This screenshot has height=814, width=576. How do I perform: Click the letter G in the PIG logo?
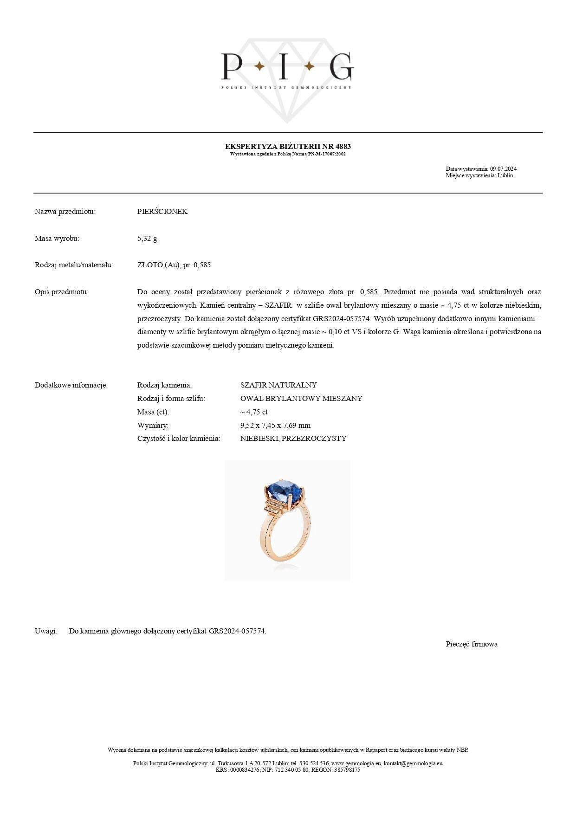(x=341, y=66)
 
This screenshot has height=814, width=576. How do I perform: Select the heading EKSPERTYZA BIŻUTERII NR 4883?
(x=288, y=147)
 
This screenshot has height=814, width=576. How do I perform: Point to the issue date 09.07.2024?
(x=503, y=169)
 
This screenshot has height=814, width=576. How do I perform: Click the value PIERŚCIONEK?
(x=162, y=212)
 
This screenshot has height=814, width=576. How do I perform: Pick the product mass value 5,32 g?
(x=147, y=239)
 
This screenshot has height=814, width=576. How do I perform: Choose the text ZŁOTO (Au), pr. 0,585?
(x=174, y=265)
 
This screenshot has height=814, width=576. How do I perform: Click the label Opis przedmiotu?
(x=61, y=292)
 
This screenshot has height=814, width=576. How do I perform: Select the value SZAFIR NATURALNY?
(x=278, y=385)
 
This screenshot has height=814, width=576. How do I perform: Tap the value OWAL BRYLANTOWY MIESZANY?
(x=301, y=399)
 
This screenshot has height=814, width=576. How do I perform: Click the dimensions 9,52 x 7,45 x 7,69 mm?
(x=275, y=426)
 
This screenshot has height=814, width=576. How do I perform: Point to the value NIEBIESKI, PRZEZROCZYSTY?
(x=293, y=439)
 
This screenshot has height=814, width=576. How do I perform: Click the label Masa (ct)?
(x=153, y=412)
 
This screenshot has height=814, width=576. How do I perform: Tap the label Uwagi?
(x=46, y=631)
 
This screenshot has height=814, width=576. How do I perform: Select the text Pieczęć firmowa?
(x=472, y=644)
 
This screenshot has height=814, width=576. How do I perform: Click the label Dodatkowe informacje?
(x=71, y=385)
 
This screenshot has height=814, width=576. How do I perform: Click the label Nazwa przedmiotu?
(x=65, y=212)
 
